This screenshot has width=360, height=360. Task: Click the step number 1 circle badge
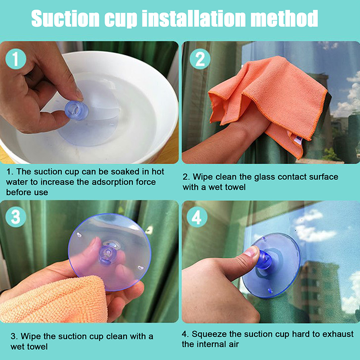point(16,59)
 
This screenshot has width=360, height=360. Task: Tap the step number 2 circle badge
point(200,59)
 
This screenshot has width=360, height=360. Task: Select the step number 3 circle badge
point(16,217)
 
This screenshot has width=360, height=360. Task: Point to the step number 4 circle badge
point(197,217)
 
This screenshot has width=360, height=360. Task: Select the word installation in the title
point(194,18)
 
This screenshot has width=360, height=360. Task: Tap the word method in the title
point(284,18)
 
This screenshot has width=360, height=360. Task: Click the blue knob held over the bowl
point(76,110)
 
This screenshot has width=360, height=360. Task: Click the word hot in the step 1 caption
point(158,171)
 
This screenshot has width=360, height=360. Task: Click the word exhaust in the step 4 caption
point(338,334)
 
